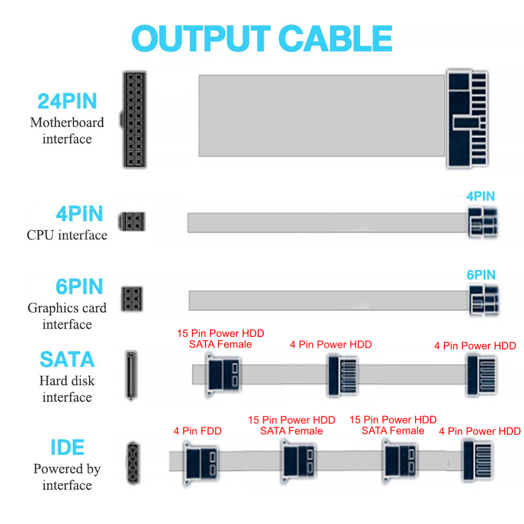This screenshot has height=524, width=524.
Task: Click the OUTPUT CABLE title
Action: [x=262, y=38]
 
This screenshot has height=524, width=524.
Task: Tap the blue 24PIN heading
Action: [x=67, y=101]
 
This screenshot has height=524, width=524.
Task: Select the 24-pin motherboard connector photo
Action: [x=134, y=119]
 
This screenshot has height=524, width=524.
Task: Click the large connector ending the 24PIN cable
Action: [x=467, y=118]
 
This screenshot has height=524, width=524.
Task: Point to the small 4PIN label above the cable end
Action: [x=481, y=196]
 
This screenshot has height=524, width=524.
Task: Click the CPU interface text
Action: [x=67, y=235]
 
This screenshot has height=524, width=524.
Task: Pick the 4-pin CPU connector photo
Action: [x=132, y=221]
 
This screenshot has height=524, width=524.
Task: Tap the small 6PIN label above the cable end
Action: [x=481, y=275]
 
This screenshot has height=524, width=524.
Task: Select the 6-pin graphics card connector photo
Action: [x=132, y=299]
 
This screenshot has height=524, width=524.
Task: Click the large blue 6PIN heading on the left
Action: [x=79, y=287]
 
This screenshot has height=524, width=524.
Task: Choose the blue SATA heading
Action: [x=67, y=359]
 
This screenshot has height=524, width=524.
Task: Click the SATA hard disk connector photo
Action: [x=131, y=375]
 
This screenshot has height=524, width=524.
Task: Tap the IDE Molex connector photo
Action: [x=133, y=463]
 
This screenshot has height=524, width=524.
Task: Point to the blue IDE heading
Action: [x=67, y=447]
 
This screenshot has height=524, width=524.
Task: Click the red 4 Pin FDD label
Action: [x=198, y=431]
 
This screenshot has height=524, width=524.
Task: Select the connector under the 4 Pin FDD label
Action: [x=200, y=463]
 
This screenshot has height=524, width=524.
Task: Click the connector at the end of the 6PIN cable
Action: [x=484, y=300]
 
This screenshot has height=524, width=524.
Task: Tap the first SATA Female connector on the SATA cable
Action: [x=223, y=375]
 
